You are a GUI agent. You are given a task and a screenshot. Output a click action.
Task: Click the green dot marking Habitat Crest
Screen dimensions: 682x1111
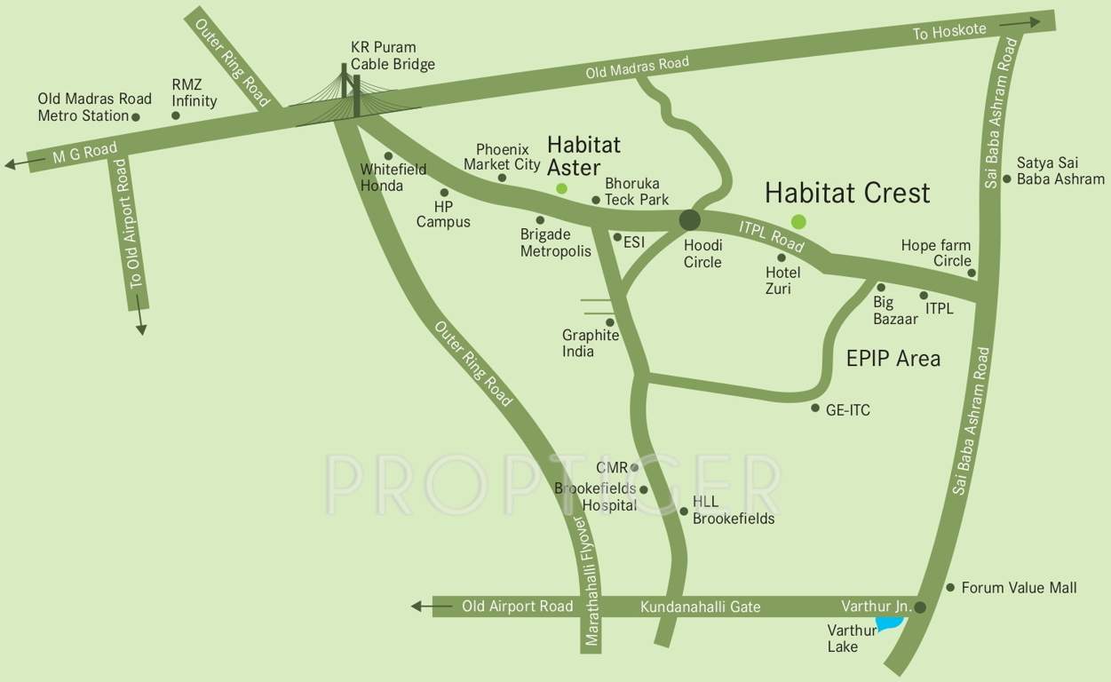pyautogui.click(x=798, y=222)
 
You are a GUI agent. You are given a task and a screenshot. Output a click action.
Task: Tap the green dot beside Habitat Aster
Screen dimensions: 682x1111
pyautogui.click(x=561, y=188)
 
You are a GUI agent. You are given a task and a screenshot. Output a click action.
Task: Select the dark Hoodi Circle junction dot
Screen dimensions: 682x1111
pyautogui.click(x=690, y=220)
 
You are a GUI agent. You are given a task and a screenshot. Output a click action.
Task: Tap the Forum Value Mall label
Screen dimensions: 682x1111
pyautogui.click(x=1019, y=588)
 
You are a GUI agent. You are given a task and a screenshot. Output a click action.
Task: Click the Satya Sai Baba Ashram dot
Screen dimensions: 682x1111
pyautogui.click(x=1006, y=179)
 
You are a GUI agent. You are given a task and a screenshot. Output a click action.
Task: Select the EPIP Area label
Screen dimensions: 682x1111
pyautogui.click(x=893, y=359)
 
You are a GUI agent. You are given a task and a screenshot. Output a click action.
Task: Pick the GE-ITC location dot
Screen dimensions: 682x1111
pyautogui.click(x=815, y=408)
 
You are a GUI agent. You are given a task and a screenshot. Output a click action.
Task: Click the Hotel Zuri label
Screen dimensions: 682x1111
pyautogui.click(x=782, y=281)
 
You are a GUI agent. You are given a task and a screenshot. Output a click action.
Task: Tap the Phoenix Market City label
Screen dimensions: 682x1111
pyautogui.click(x=502, y=157)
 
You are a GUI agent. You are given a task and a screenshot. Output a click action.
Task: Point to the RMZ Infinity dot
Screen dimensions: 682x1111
pyautogui.click(x=176, y=115)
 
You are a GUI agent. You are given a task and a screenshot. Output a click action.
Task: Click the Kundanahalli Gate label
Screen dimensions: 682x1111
pyautogui.click(x=700, y=607)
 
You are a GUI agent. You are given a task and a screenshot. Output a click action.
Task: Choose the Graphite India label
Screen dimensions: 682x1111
pyautogui.click(x=590, y=344)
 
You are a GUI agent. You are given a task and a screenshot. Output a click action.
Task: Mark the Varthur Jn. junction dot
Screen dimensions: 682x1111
pyautogui.click(x=920, y=608)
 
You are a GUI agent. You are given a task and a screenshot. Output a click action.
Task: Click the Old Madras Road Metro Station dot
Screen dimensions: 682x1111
pyautogui.click(x=136, y=116)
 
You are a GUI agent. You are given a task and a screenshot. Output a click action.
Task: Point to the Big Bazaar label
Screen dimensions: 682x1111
pyautogui.click(x=895, y=311)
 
